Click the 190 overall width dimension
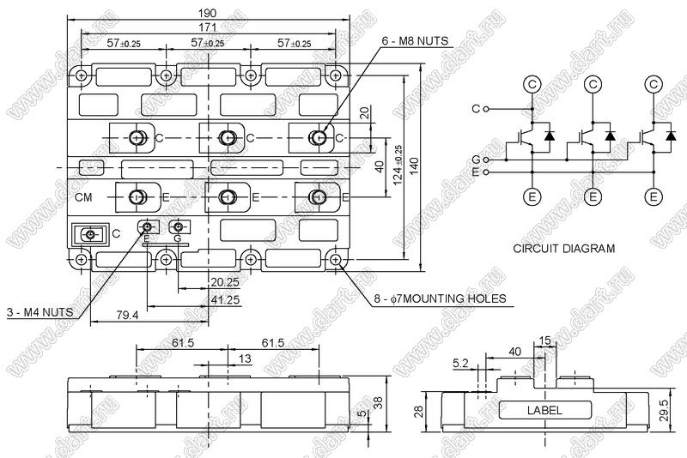pyautogui.click(x=209, y=13)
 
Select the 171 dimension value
pyautogui.click(x=209, y=28)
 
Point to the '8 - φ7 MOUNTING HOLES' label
pyautogui.click(x=439, y=298)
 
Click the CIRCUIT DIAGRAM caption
pyautogui.click(x=563, y=249)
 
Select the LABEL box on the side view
pyautogui.click(x=544, y=411)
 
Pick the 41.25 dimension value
pyautogui.click(x=225, y=299)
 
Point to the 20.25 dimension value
pyautogui.click(x=225, y=281)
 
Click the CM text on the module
pyautogui.click(x=83, y=197)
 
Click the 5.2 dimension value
pyautogui.click(x=459, y=363)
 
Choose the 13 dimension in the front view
pyautogui.click(x=246, y=359)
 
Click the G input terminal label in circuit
pyautogui.click(x=476, y=160)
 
